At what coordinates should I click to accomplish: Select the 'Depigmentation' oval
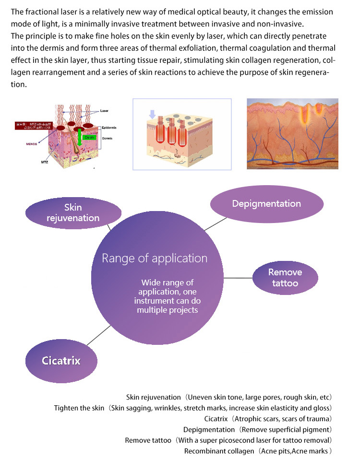pyautogui.click(x=266, y=204)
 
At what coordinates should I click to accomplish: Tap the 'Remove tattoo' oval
pyautogui.click(x=285, y=278)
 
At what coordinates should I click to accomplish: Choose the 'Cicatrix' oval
pyautogui.click(x=60, y=361)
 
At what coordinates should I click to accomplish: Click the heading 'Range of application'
pyautogui.click(x=155, y=259)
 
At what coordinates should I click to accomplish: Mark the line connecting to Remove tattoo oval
pyautogui.click(x=238, y=278)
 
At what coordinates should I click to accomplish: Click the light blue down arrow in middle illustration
pyautogui.click(x=152, y=114)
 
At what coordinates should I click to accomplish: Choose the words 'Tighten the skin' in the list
pyautogui.click(x=79, y=408)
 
